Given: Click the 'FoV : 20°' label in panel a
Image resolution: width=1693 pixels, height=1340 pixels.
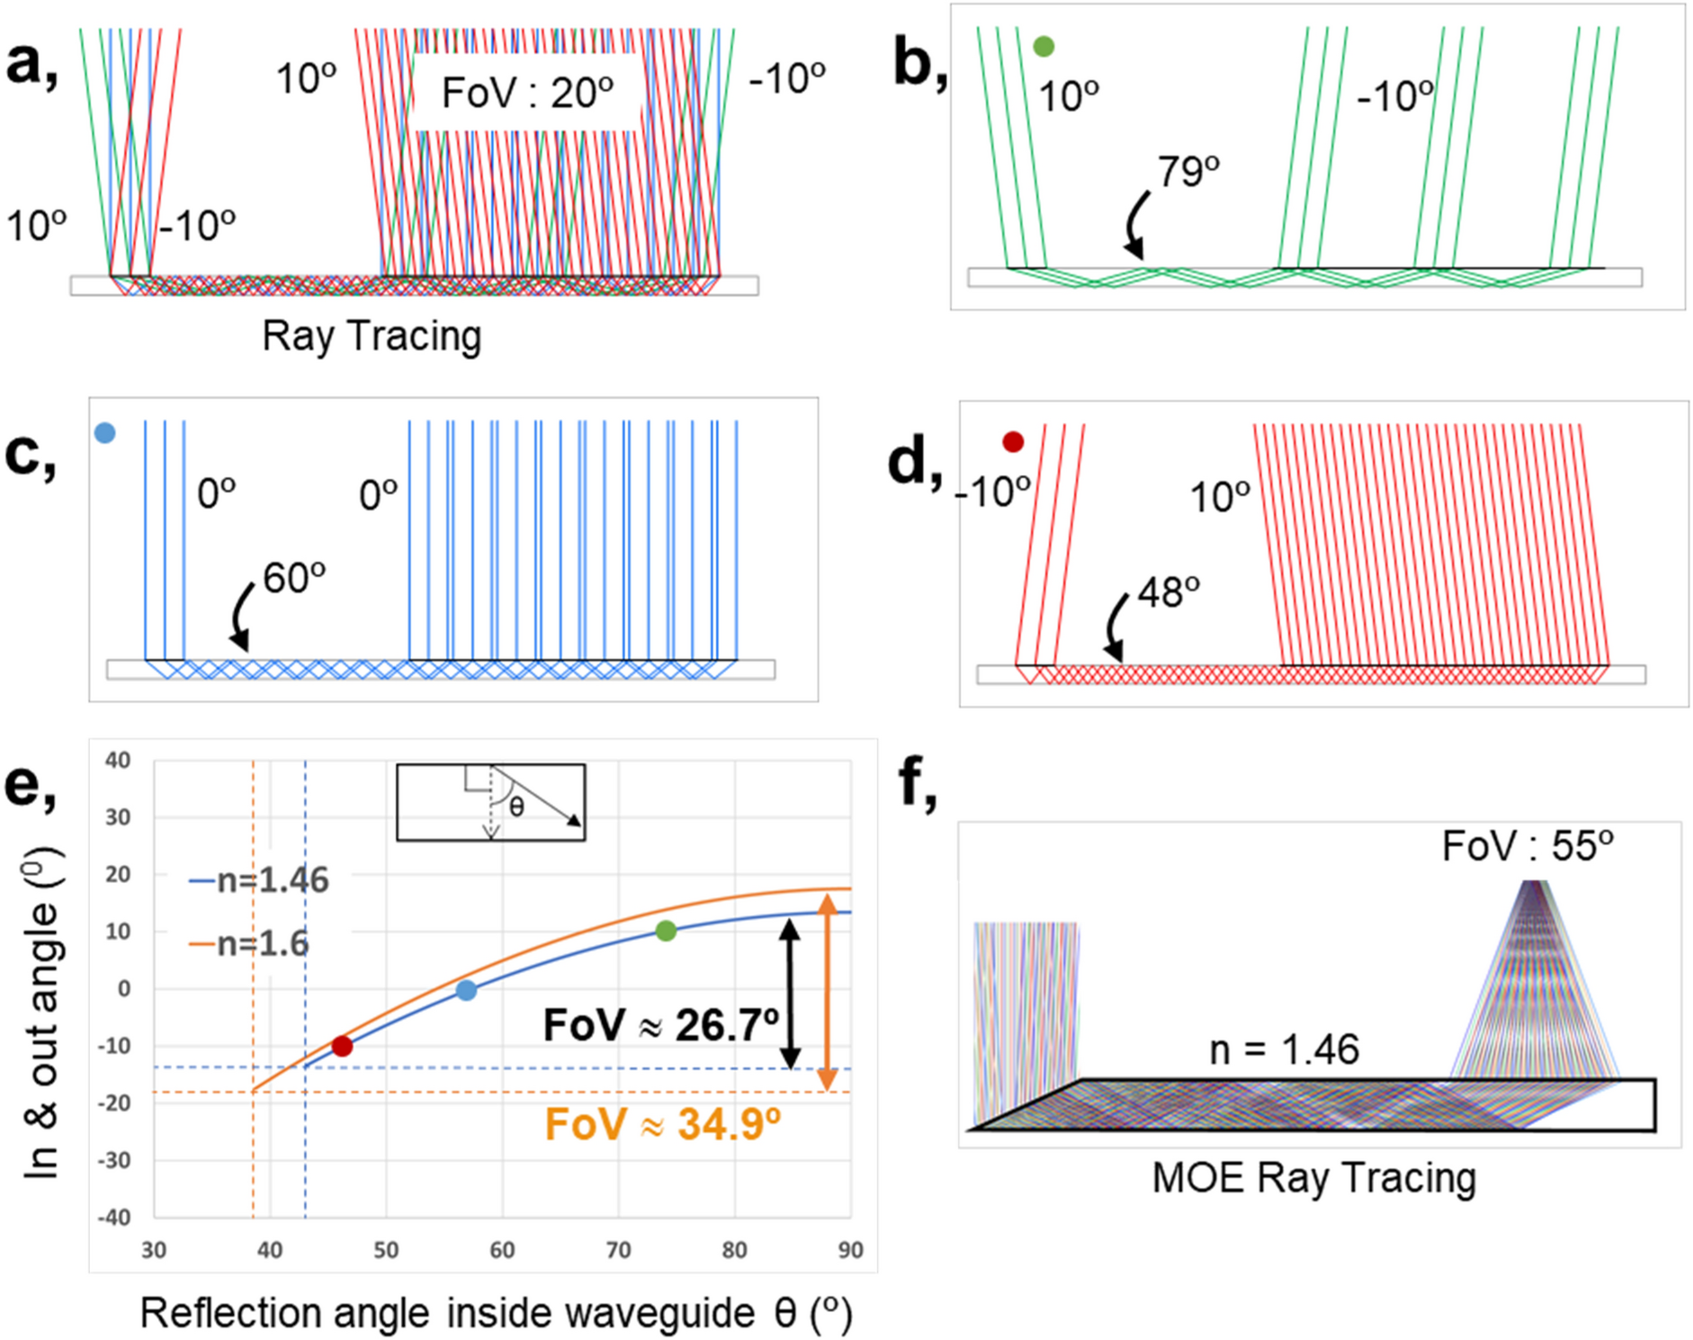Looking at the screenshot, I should click(527, 93).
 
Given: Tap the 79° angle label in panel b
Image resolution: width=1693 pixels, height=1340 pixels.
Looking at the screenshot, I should click(1187, 171).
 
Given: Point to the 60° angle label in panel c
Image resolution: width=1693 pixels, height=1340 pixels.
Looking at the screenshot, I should click(293, 578).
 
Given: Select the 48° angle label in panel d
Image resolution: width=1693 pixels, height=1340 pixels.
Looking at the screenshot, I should click(1168, 592).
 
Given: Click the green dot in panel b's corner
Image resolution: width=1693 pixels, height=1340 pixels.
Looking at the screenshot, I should click(1044, 46).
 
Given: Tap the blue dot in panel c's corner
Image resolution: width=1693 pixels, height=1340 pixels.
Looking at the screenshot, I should click(105, 433).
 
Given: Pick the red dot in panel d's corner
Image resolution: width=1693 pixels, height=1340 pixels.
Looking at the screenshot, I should click(1013, 442).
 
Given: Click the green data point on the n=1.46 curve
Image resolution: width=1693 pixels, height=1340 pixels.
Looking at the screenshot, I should click(666, 931).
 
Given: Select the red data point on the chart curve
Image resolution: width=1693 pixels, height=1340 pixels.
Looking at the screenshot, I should click(342, 1046).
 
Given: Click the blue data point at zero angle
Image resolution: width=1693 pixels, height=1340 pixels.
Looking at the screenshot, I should click(466, 990).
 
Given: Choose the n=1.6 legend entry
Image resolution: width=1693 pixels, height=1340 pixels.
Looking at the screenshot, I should click(250, 943).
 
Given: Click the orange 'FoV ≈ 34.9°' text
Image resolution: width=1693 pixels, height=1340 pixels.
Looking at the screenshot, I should click(663, 1124).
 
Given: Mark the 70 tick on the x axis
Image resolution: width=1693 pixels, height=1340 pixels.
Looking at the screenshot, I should click(618, 1249).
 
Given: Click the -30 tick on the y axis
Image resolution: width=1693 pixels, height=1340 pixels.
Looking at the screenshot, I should click(114, 1160).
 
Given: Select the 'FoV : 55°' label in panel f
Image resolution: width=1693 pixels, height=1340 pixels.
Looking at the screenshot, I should click(1527, 846).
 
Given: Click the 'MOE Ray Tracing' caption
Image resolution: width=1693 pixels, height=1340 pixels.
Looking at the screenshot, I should click(1314, 1177).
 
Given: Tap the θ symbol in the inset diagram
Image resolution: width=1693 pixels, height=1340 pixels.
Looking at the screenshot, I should click(516, 806).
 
